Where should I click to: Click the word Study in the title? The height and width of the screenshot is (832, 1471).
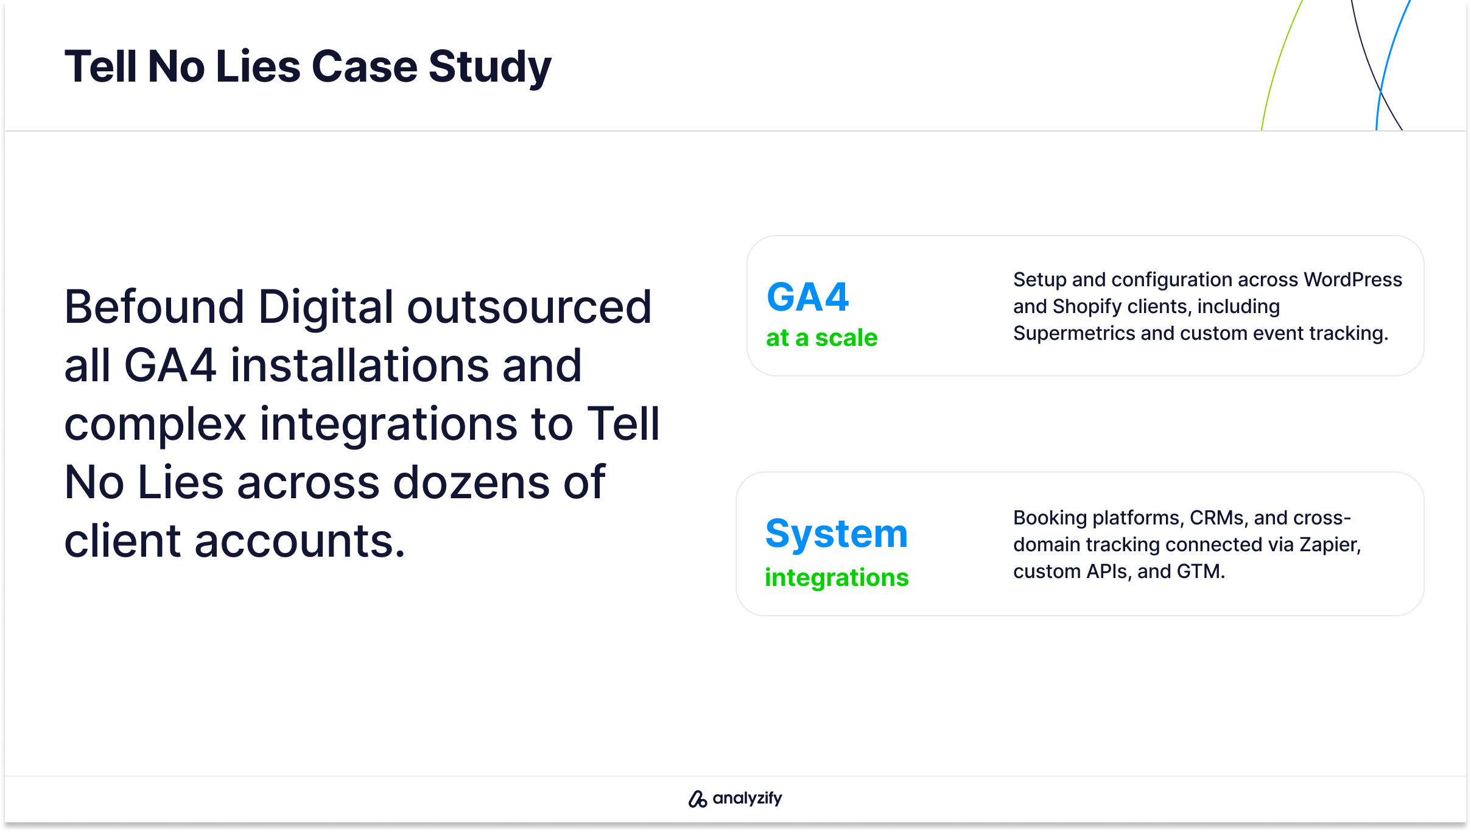point(490,68)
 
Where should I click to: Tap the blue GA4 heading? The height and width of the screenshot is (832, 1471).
point(807,297)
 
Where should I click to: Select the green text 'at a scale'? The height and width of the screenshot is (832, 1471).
point(821,337)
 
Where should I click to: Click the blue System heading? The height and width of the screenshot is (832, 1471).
point(837,533)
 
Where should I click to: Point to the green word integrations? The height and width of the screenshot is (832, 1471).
point(837,577)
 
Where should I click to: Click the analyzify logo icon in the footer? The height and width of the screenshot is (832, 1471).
point(697,799)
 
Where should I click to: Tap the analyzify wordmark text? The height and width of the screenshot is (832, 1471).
point(747,799)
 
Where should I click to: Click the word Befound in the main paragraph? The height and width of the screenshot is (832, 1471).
point(154,306)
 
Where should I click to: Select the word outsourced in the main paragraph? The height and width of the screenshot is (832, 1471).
point(529,306)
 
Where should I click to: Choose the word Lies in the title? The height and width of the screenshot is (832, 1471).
point(258,66)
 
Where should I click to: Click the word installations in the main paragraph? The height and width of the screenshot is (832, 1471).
point(360,365)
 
